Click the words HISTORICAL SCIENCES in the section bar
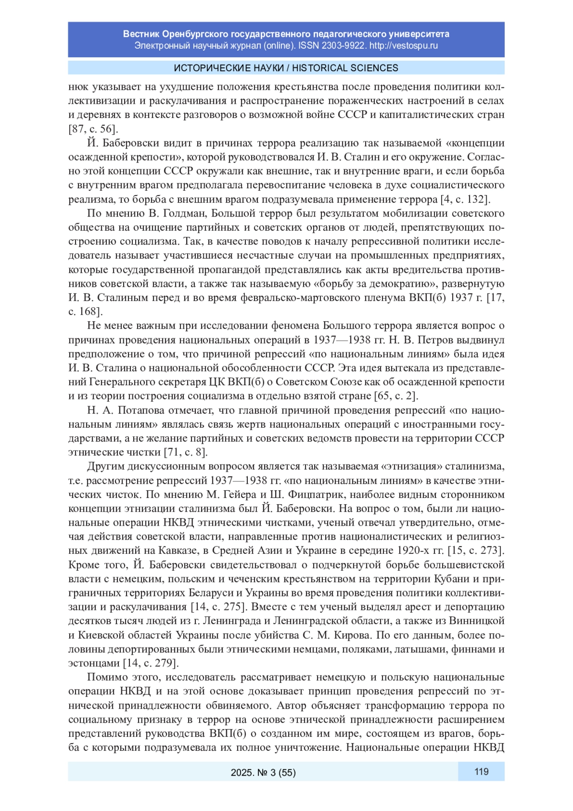[x=345, y=68]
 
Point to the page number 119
[x=481, y=771]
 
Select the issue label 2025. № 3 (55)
[x=263, y=772]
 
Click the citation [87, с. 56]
[x=93, y=129]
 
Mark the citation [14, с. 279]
[x=150, y=663]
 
